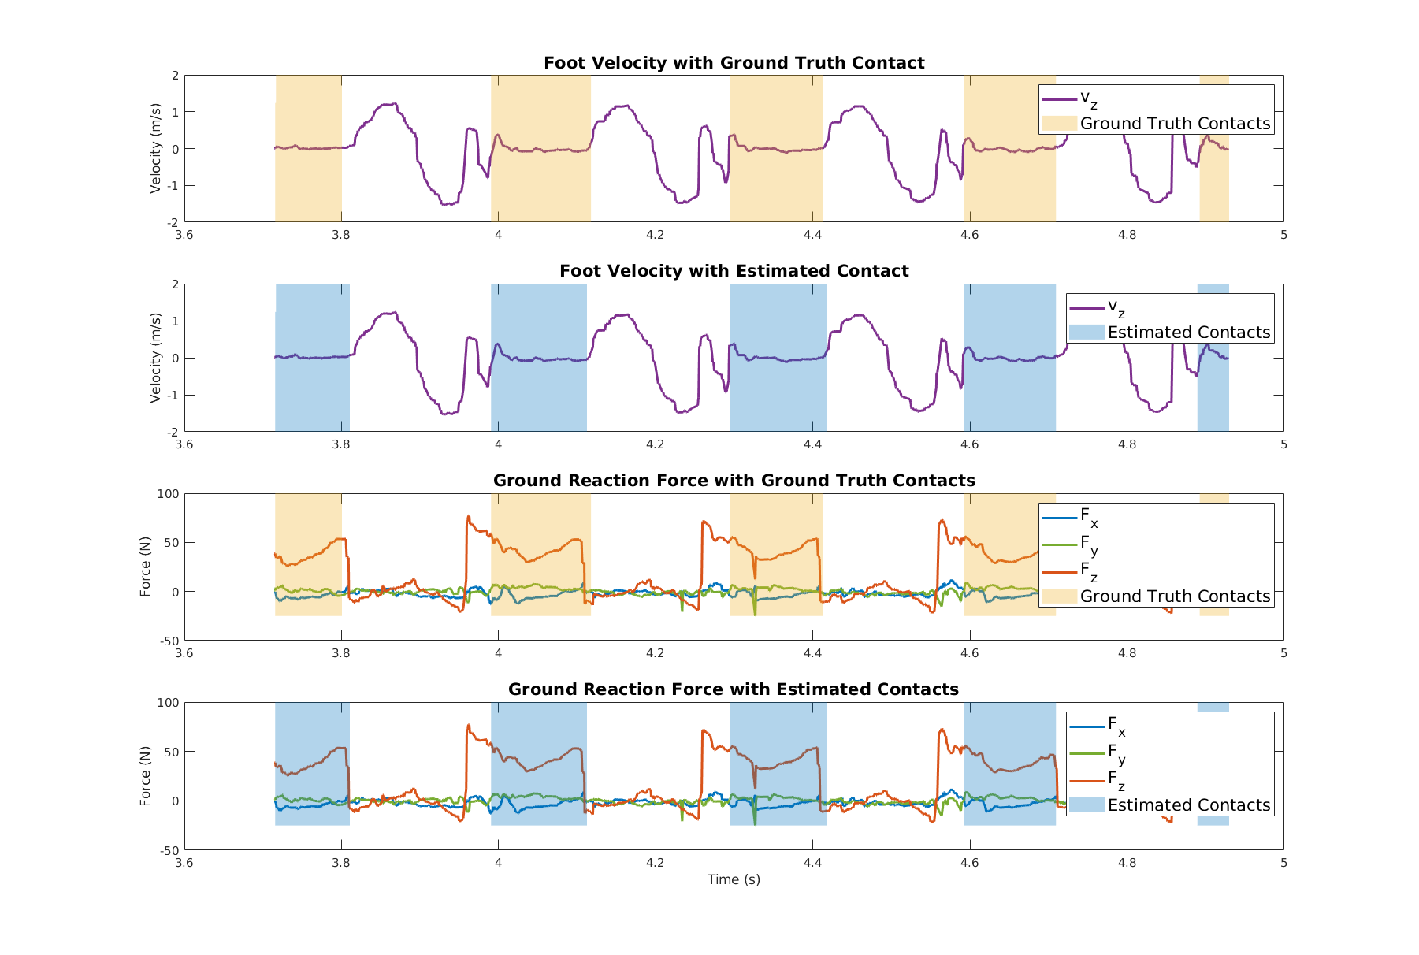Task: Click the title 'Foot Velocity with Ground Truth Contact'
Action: click(734, 63)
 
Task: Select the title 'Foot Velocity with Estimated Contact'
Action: click(734, 271)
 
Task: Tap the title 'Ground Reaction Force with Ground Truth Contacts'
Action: click(734, 481)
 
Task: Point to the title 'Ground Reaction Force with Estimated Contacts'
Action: click(734, 689)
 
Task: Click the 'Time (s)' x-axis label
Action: click(734, 879)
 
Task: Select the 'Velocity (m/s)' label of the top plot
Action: click(156, 148)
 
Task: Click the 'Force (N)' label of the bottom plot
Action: click(145, 776)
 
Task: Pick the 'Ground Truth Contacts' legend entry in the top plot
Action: click(1174, 124)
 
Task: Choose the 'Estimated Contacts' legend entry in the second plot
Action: click(1188, 333)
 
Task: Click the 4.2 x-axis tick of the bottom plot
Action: click(655, 863)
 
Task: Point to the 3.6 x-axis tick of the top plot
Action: click(184, 235)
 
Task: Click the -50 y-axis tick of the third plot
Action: click(169, 641)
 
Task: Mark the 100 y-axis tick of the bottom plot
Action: click(169, 703)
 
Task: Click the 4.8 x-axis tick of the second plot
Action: click(1127, 444)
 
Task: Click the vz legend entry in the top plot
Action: click(1088, 99)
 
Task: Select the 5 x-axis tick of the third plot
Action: click(1283, 653)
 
